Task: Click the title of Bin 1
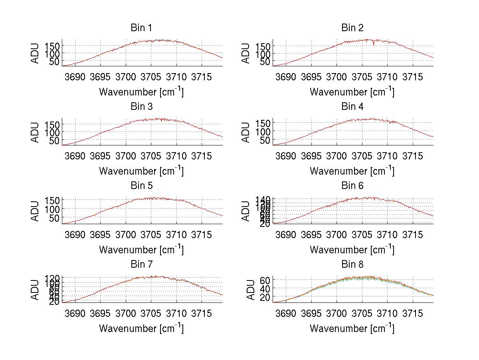[x=141, y=28]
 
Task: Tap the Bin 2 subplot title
[x=352, y=28]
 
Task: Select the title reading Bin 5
[x=141, y=186]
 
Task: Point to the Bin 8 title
[x=352, y=265]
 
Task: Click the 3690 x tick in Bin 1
[x=75, y=77]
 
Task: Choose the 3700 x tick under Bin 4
[x=336, y=156]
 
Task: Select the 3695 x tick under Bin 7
[x=100, y=314]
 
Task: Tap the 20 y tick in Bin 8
[x=265, y=297]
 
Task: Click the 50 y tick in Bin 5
[x=55, y=218]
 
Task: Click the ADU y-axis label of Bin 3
[x=36, y=132]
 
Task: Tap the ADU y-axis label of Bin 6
[x=247, y=211]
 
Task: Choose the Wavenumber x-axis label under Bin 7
[x=141, y=328]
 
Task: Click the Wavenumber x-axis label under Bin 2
[x=352, y=91]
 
